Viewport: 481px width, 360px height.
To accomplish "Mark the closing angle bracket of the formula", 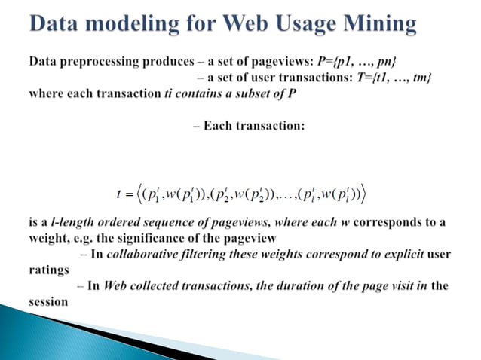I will tap(363, 195).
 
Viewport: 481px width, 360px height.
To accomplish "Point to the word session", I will tap(49, 302).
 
